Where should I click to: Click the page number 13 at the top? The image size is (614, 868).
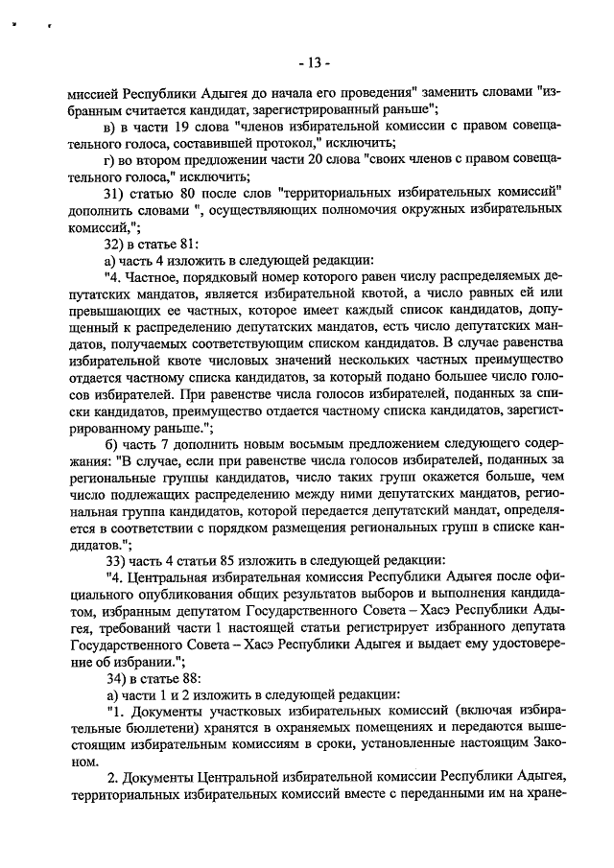coord(312,63)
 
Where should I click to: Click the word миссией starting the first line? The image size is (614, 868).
coord(98,93)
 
